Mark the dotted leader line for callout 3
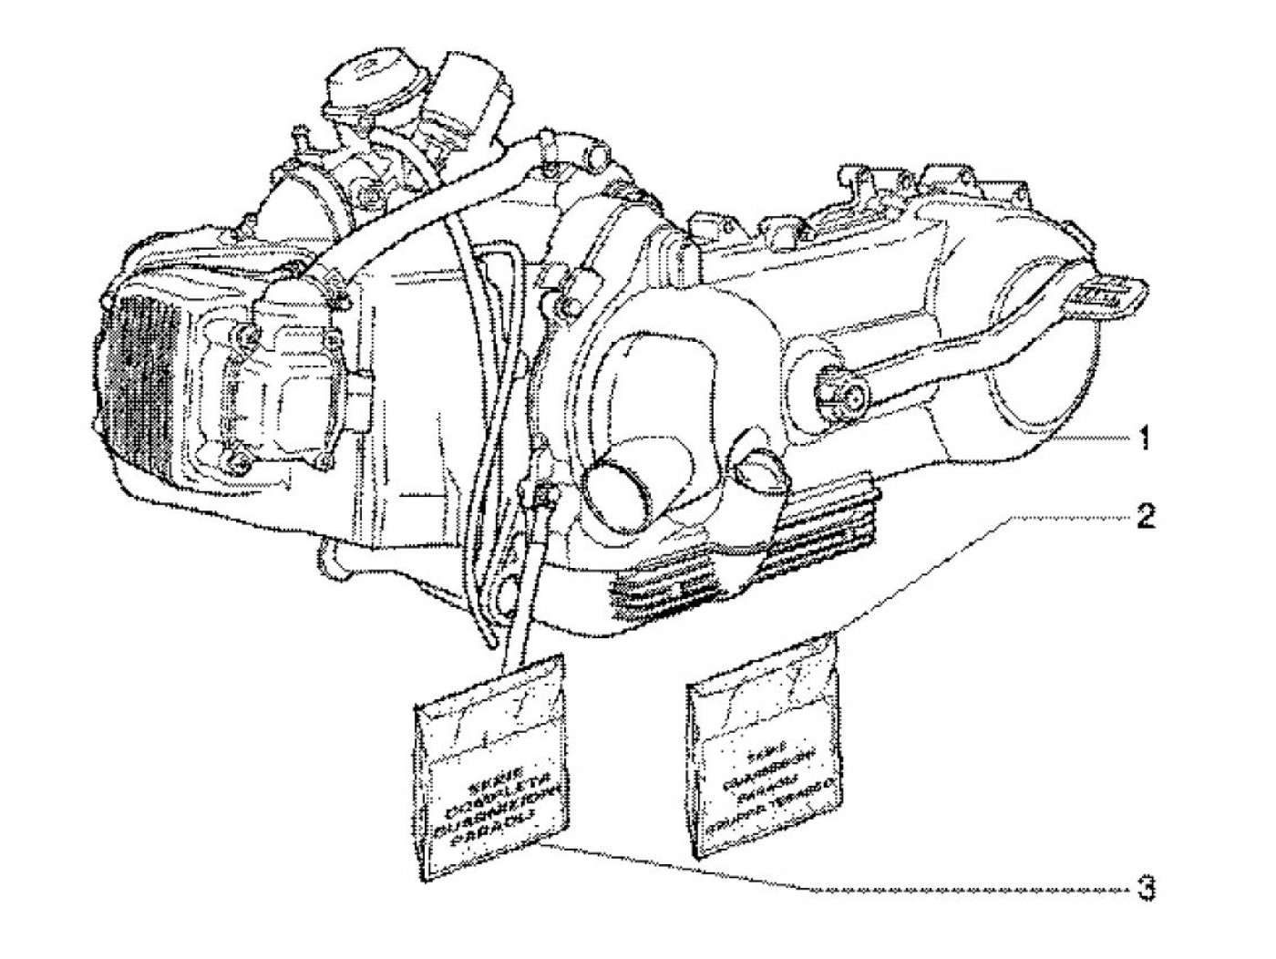click(957, 887)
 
